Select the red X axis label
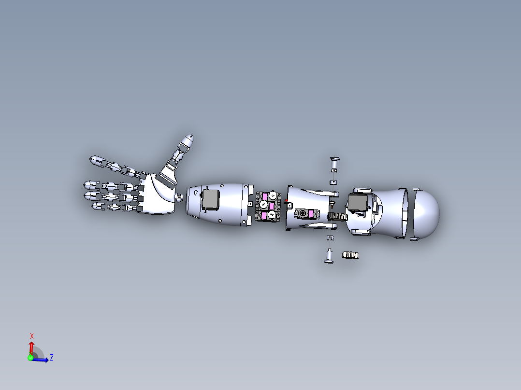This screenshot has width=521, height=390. (32, 335)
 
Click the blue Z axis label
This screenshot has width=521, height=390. (51, 358)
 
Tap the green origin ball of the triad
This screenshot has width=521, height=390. (31, 358)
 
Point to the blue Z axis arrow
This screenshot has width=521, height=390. (42, 360)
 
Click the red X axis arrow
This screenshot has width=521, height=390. (31, 347)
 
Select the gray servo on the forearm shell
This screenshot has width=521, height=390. (210, 199)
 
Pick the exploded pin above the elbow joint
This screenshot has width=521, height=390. (333, 164)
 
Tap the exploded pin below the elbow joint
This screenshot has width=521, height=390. (329, 255)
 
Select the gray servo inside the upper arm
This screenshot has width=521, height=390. (357, 203)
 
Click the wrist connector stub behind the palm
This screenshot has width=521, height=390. (179, 196)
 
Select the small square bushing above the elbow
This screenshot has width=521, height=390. (333, 181)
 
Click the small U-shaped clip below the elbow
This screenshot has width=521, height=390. (330, 238)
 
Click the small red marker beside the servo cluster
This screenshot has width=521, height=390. (286, 200)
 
